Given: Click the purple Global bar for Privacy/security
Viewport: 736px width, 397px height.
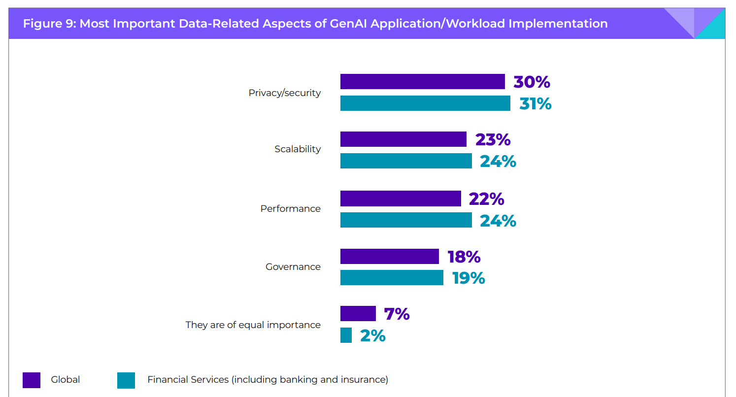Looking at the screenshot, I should point(422,82).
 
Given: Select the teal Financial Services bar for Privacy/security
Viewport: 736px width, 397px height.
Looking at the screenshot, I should point(425,103).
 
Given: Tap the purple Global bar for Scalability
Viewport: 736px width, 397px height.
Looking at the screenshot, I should point(403,139).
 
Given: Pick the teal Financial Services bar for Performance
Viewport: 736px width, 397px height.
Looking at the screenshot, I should point(406,220).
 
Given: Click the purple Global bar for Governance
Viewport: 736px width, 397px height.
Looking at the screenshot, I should point(389,257).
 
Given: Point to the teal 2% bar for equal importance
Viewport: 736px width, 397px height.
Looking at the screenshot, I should point(346,335).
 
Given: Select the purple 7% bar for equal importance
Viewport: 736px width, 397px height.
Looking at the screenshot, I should point(358,314).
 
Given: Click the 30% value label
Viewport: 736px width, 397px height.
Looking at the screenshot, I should point(532,82).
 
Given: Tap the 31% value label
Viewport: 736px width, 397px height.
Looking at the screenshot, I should point(535,103).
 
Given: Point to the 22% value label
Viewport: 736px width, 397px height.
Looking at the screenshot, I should point(486,199).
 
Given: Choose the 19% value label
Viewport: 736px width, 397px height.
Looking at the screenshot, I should point(468,278).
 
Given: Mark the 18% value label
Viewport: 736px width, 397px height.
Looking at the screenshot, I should point(464,257).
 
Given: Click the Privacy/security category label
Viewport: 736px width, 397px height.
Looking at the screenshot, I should point(284,93).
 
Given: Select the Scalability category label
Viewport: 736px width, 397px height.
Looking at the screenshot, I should point(298,149).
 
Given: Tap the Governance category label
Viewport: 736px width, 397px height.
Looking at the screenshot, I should point(293,266).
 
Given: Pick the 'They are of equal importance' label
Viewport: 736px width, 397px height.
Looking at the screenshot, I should point(253,325).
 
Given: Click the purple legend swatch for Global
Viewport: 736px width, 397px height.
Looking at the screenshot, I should point(32,380).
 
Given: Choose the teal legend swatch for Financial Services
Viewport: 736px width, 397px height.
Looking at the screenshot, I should point(126,380).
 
